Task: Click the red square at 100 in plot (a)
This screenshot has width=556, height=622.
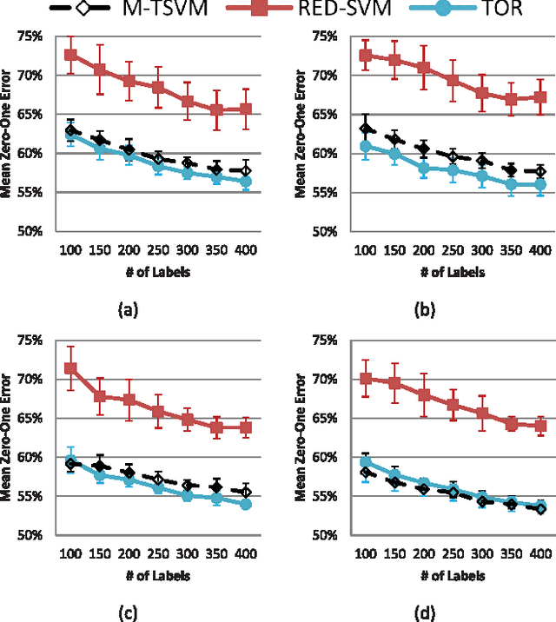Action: coord(70,55)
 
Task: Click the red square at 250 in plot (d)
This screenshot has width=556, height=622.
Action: coord(452,404)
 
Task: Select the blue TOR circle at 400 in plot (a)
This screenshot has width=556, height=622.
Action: coord(246,181)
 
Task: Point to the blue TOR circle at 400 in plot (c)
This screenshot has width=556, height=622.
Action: coord(246,504)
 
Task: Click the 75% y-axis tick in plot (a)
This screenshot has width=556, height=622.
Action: coord(31,36)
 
